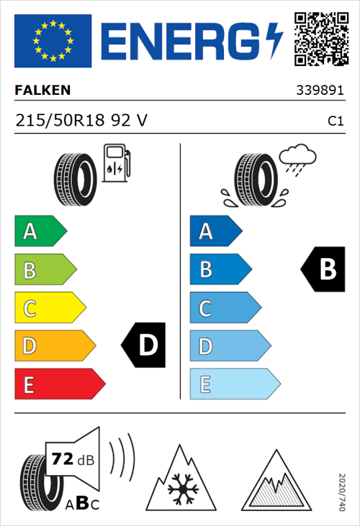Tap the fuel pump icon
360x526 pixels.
click(116, 163)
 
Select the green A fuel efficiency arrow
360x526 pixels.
click(40, 231)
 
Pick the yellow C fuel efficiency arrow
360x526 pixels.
click(49, 308)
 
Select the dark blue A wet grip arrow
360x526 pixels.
click(215, 231)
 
